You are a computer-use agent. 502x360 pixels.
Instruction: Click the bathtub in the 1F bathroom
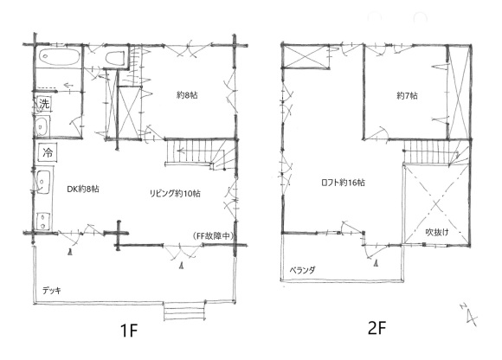(59, 58)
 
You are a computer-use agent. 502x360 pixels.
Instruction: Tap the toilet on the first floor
(115, 59)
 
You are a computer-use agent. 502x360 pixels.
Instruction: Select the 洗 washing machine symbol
(44, 104)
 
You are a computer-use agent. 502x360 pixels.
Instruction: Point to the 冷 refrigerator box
(48, 152)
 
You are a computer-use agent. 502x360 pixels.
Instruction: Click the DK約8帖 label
(83, 190)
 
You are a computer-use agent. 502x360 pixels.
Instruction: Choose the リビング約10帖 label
(175, 194)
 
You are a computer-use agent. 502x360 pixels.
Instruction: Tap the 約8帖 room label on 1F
(187, 95)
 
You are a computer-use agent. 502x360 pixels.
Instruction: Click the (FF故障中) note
(214, 236)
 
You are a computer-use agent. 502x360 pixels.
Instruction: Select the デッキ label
(52, 291)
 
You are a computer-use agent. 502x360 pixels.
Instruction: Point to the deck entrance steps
(184, 311)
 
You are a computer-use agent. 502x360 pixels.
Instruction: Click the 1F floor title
(129, 330)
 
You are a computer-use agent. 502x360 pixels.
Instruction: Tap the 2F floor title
(376, 328)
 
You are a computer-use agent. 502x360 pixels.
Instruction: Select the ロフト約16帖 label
(343, 183)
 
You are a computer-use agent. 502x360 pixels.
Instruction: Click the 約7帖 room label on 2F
(407, 95)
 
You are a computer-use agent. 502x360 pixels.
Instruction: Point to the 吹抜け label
(437, 232)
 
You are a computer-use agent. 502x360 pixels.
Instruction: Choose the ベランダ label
(302, 270)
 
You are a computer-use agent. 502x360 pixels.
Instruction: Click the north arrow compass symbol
(469, 314)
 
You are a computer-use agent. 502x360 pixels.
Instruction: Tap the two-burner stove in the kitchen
(42, 222)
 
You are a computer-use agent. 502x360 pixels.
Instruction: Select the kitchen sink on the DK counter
(43, 182)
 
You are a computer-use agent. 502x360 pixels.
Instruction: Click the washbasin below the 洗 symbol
(42, 126)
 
